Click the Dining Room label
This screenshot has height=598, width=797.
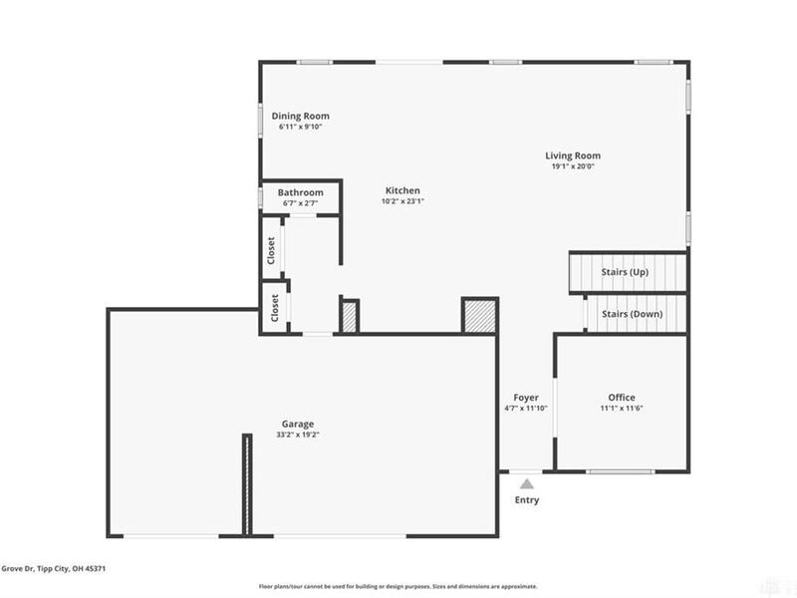click(301, 117)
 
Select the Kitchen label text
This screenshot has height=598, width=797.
click(403, 190)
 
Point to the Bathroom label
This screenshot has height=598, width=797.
click(301, 192)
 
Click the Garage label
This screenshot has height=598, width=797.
click(298, 424)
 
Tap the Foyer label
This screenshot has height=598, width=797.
click(526, 398)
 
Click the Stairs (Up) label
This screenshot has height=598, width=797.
click(625, 272)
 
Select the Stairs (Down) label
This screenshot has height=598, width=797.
click(632, 314)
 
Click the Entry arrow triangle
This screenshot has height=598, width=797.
click(526, 483)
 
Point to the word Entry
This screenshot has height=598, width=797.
click(526, 500)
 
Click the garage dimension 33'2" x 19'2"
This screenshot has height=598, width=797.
click(298, 435)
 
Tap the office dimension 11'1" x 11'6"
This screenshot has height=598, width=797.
click(622, 409)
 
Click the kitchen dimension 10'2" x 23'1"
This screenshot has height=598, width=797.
click(403, 201)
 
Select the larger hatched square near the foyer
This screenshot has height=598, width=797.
click(478, 315)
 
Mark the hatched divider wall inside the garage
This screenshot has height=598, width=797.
click(245, 485)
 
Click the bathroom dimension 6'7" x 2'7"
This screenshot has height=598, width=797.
click(301, 203)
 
